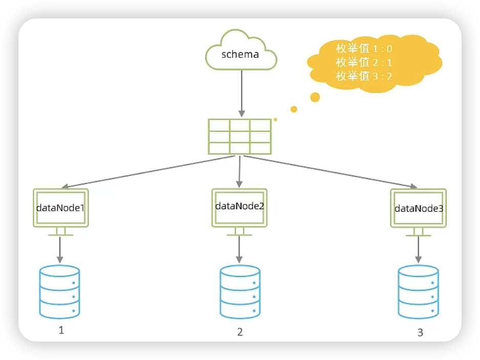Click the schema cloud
point(241,54)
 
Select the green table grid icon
point(239,137)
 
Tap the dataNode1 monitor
point(60,208)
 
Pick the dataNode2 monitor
point(239,207)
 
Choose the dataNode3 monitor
point(418,208)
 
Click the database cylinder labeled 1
point(59,291)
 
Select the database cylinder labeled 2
point(239,292)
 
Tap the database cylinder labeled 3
point(418,292)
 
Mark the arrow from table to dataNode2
point(239,171)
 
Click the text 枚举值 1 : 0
point(364,49)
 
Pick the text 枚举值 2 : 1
point(364,62)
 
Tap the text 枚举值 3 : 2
point(364,76)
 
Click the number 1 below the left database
point(61,330)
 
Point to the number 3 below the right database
point(420,333)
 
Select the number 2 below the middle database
point(239,332)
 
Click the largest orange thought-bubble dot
point(315,97)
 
